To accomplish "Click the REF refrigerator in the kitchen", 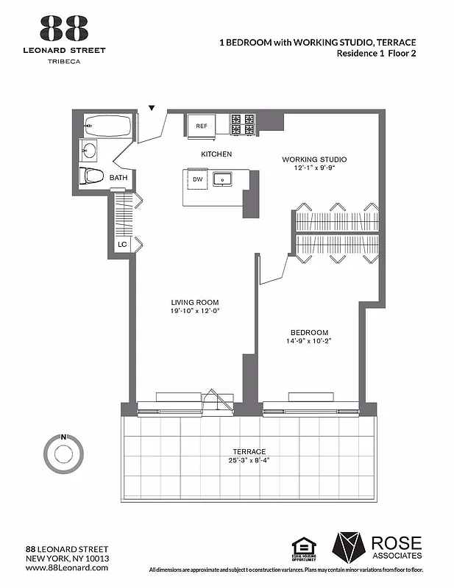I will [x=202, y=125].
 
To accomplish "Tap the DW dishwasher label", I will [x=197, y=179].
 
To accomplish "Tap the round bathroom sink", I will [x=89, y=151].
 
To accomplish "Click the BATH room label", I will [x=118, y=178].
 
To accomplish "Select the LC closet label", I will [x=121, y=245].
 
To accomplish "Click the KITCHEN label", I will [x=216, y=154].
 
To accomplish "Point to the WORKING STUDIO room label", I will [x=314, y=159].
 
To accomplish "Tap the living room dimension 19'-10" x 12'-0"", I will [x=195, y=311].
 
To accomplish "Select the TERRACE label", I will [x=251, y=451].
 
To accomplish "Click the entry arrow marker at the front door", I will [x=152, y=108].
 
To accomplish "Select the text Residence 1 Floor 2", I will [x=376, y=54].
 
